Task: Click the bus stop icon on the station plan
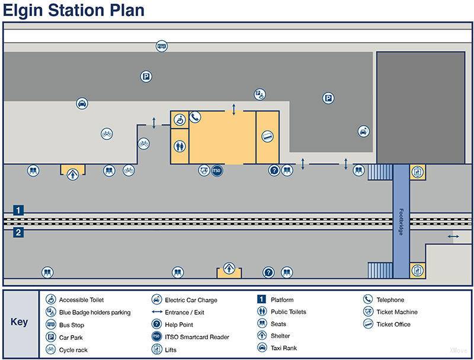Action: coord(162,46)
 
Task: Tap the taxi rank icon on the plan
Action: coord(82,104)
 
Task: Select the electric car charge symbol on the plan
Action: coord(363,131)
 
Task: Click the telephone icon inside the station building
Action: coord(196,117)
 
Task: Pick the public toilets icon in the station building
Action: coord(180,145)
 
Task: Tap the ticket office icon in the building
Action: coord(267,136)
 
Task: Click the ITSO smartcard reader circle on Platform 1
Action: coord(217,171)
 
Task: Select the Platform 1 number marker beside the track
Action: coord(19,210)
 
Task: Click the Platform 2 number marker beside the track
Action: coord(19,233)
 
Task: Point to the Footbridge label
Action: coord(401,221)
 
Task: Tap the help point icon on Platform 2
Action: coord(268,272)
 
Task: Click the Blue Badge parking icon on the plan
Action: coord(259,94)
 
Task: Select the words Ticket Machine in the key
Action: coord(396,312)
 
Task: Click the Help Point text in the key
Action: coord(180,325)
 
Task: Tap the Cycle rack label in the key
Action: coord(73,350)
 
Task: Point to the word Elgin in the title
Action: coord(23,10)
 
